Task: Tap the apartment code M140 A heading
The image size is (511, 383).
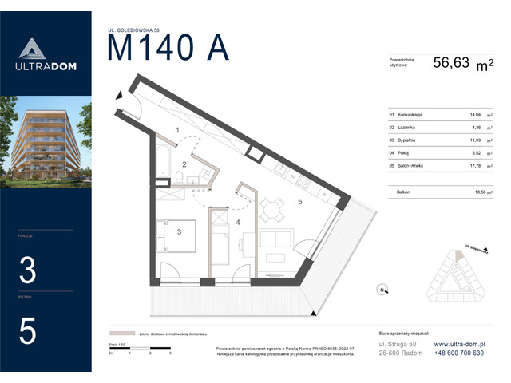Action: click(x=168, y=49)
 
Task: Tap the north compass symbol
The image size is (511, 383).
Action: click(x=383, y=289)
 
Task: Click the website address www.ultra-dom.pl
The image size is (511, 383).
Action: click(x=458, y=344)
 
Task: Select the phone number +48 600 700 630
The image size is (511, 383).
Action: click(x=458, y=353)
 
